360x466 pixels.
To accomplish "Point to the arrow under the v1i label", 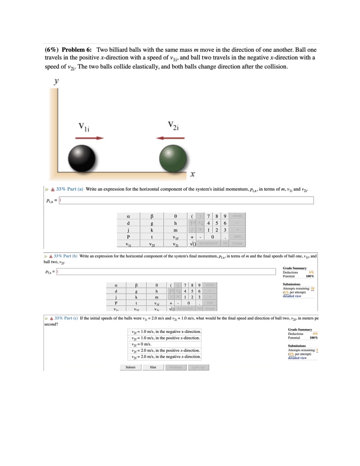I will click(90, 138).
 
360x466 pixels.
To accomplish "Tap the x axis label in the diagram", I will click(192, 174).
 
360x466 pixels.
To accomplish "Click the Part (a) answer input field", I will click(186, 200).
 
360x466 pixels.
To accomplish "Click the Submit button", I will click(130, 367).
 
